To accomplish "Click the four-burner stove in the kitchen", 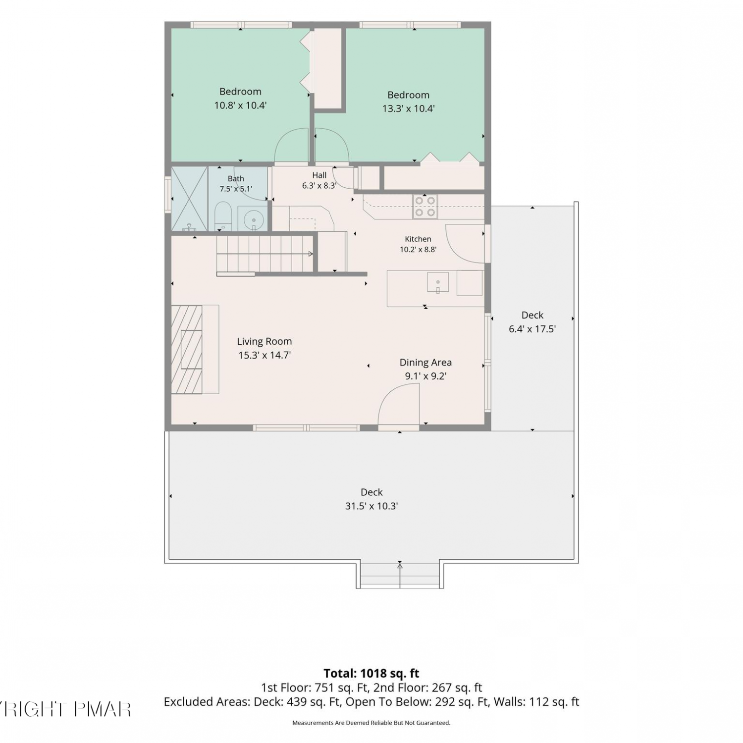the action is click(x=425, y=207).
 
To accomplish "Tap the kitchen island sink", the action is click(x=438, y=283).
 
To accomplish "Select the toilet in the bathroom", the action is click(x=223, y=216).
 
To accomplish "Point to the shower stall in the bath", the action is click(x=189, y=199).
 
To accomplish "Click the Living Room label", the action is click(x=265, y=341).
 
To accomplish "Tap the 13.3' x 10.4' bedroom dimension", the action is click(x=409, y=108).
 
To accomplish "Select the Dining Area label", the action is click(x=425, y=362).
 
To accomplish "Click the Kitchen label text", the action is click(x=418, y=239).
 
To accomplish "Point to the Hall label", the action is click(x=319, y=175).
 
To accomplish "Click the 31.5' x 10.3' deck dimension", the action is click(x=371, y=506).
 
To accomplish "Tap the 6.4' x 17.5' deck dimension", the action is click(x=532, y=328).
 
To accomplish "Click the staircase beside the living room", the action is click(x=265, y=254).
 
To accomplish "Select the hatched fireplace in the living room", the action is click(x=187, y=350).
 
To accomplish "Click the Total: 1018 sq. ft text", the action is click(x=371, y=673).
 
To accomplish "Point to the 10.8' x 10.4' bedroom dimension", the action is click(x=240, y=105).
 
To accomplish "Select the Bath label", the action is click(x=236, y=178).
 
